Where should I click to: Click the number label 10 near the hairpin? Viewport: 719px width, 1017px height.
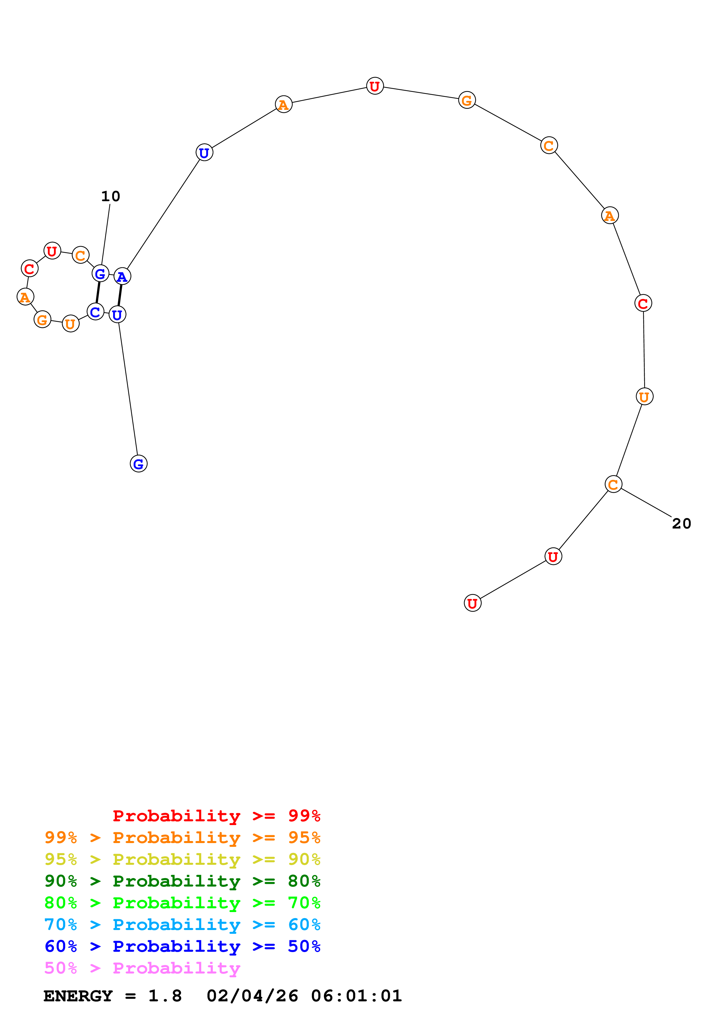click(x=110, y=196)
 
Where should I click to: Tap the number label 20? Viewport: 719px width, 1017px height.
click(x=681, y=524)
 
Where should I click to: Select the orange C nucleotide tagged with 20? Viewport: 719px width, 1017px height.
click(x=613, y=484)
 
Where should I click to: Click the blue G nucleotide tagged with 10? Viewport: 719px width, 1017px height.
click(x=101, y=274)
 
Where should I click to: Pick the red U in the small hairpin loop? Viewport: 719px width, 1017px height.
click(x=52, y=251)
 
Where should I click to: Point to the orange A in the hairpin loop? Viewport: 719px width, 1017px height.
click(x=25, y=297)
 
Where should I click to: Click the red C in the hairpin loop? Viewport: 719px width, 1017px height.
click(x=30, y=268)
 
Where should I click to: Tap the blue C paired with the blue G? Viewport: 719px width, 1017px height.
click(x=95, y=312)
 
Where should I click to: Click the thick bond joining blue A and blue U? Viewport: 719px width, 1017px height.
click(x=119, y=295)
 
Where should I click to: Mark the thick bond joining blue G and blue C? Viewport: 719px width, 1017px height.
click(x=98, y=293)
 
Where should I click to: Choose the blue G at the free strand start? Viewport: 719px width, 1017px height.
click(x=138, y=464)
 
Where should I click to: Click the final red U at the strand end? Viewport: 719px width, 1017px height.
click(x=472, y=603)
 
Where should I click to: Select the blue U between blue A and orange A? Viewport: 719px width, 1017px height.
click(x=204, y=153)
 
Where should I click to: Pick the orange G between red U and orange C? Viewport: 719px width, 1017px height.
click(x=467, y=101)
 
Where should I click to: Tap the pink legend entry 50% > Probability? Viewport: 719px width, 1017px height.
click(x=142, y=968)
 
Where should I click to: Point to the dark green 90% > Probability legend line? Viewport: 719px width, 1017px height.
click(x=182, y=881)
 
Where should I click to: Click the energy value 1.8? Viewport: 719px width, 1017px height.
click(x=165, y=996)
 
